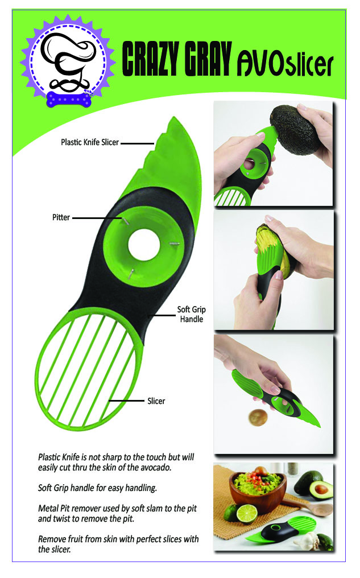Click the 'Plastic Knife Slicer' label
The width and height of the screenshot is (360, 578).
tap(89, 142)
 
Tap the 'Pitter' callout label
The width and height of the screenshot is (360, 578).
tap(61, 217)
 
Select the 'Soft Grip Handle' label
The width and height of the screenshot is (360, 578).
tap(191, 314)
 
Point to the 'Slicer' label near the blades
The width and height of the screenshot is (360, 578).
tap(156, 401)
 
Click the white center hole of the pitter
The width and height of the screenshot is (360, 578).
tap(144, 245)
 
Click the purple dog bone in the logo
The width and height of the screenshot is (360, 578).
tap(69, 100)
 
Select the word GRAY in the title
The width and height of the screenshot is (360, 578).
tap(208, 59)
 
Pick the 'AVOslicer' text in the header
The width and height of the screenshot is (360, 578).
tap(285, 64)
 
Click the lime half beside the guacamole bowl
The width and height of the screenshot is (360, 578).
tap(246, 514)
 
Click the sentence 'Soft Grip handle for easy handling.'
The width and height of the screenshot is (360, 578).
tap(97, 488)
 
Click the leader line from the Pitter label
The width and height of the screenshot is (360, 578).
tap(97, 218)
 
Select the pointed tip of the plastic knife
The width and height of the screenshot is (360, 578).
tap(174, 118)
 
